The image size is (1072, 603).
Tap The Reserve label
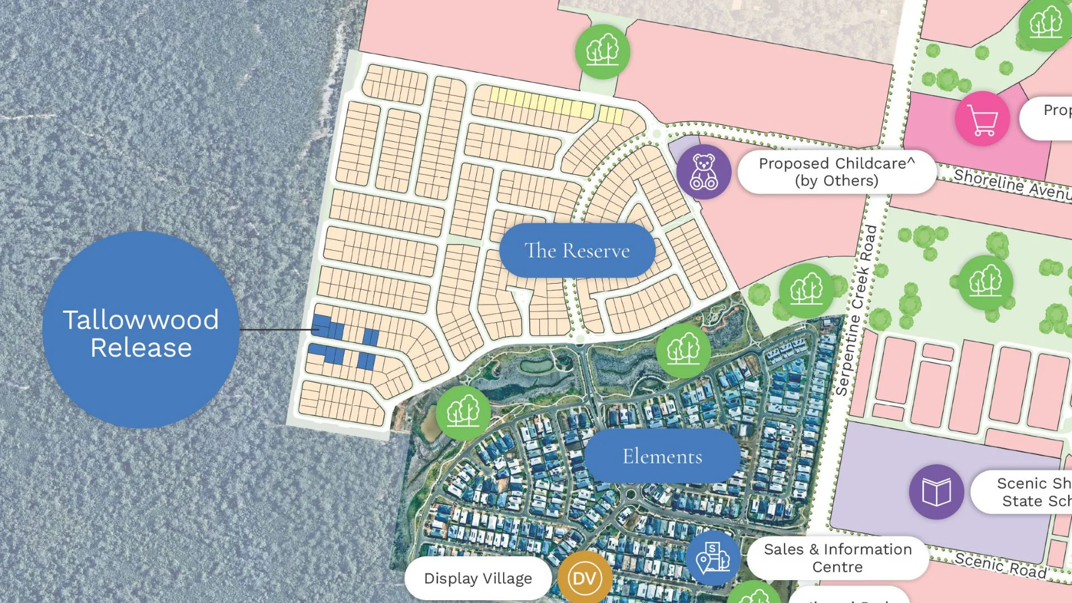tap(577, 251)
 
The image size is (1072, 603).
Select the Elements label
tap(662, 456)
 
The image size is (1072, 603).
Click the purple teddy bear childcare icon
tap(703, 171)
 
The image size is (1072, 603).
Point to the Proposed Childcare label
tap(836, 172)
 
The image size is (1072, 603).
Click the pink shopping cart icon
tap(982, 119)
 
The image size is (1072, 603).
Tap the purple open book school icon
tap(936, 492)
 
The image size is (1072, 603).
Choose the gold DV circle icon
tap(584, 578)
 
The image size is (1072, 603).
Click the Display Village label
tap(478, 578)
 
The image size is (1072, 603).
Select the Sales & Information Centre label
tap(837, 558)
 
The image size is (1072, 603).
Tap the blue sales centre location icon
tap(713, 557)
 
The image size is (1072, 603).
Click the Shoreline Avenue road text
tap(1011, 183)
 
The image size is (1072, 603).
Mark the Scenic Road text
tap(999, 564)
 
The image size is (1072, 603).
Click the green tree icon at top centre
tap(602, 51)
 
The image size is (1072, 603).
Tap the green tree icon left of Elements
tap(463, 413)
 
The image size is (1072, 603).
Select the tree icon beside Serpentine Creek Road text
tap(806, 290)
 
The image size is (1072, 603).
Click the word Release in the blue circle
tap(141, 348)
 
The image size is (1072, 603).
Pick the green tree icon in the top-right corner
tap(1045, 23)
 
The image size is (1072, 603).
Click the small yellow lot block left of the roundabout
tap(611, 115)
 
